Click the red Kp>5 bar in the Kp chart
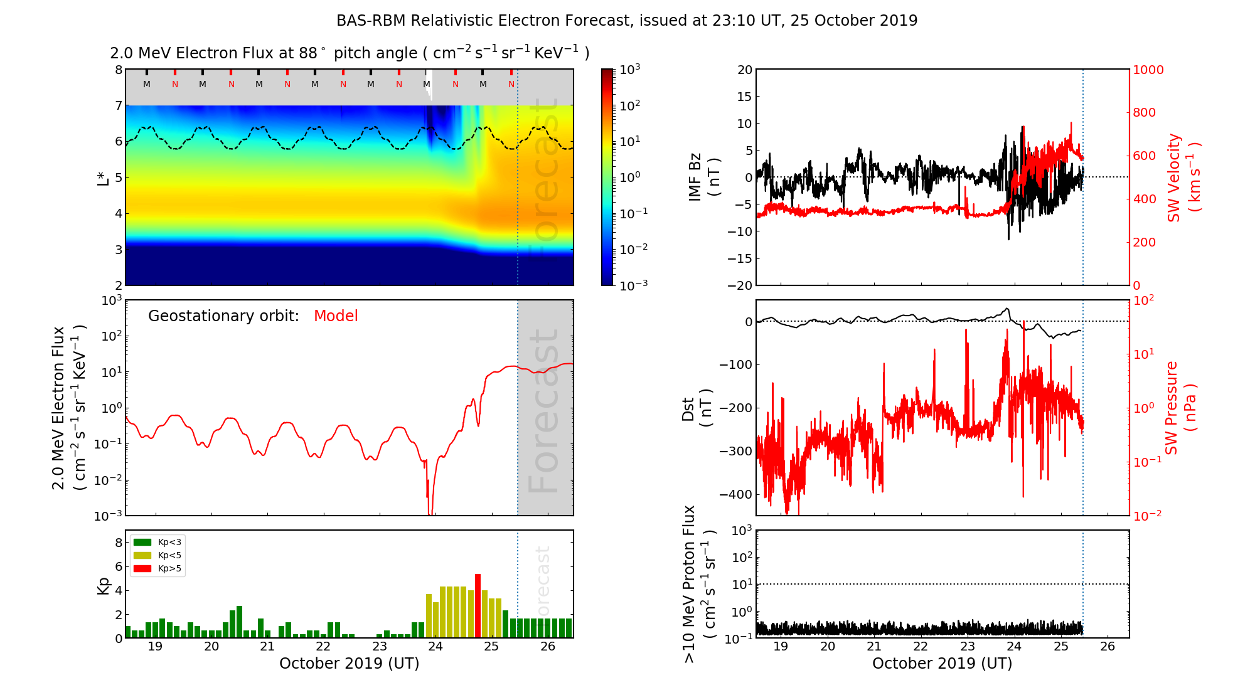pyautogui.click(x=478, y=606)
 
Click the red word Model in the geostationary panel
pyautogui.click(x=336, y=316)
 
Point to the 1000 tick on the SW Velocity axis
pyautogui.click(x=1148, y=70)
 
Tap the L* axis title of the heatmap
pyautogui.click(x=103, y=177)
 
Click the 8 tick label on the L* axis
pyautogui.click(x=118, y=70)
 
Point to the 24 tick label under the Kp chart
pyautogui.click(x=435, y=647)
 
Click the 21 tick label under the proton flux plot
pyautogui.click(x=874, y=647)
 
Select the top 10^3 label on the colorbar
pyautogui.click(x=629, y=69)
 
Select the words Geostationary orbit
pyautogui.click(x=223, y=316)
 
